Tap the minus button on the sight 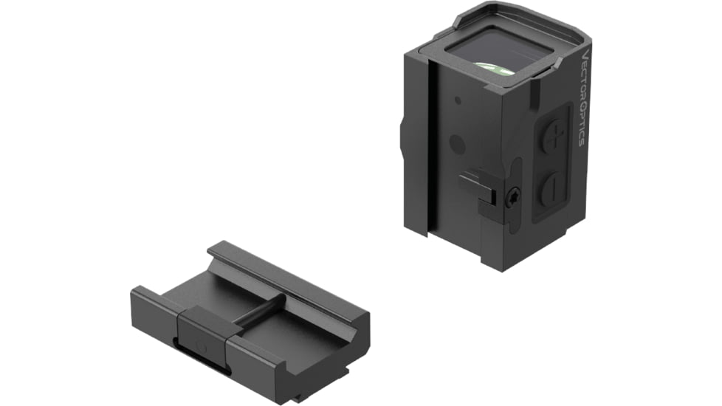(x=550, y=190)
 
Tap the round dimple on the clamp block (x=199, y=345)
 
